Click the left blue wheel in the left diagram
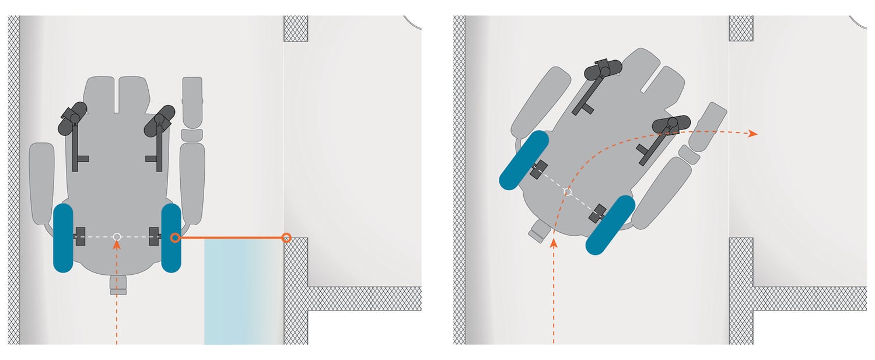[x=63, y=238]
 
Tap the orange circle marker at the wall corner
[x=286, y=237]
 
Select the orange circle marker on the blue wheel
[x=174, y=237]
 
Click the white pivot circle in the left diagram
[x=117, y=236]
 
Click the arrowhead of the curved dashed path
[x=753, y=134]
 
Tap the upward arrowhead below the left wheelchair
[x=117, y=244]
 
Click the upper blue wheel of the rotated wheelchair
[x=524, y=160]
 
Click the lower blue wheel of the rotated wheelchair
[x=610, y=225]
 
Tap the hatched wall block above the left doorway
[x=296, y=28]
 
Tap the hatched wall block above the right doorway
[x=741, y=28]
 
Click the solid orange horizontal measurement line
[x=230, y=237]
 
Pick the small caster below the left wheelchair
[x=118, y=286]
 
